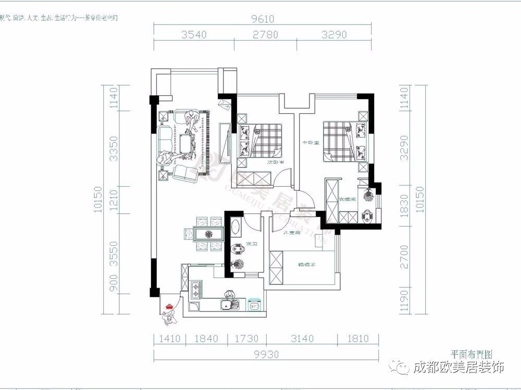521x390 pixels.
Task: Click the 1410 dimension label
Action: coord(169,339)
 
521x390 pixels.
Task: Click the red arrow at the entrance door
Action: coord(169,307)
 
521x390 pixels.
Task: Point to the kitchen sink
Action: coord(228,305)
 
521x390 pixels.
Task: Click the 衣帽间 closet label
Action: coord(347,199)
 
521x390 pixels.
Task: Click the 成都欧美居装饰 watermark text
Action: coord(458,368)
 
